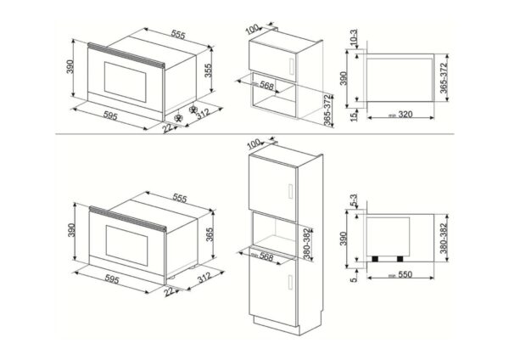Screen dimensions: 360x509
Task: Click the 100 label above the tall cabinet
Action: (x=252, y=143)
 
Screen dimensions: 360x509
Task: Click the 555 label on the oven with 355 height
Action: (x=176, y=33)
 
